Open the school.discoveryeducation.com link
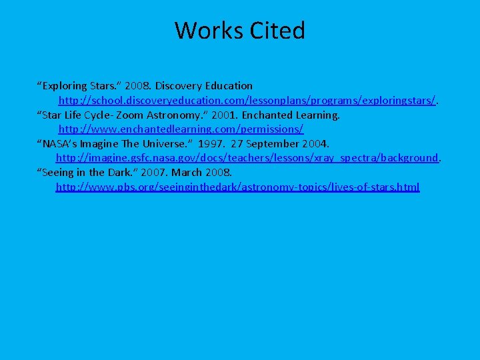tap(247, 100)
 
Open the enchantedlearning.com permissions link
tap(181, 129)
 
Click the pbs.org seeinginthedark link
tap(237, 187)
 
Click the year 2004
tap(315, 144)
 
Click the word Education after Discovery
tap(228, 86)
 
